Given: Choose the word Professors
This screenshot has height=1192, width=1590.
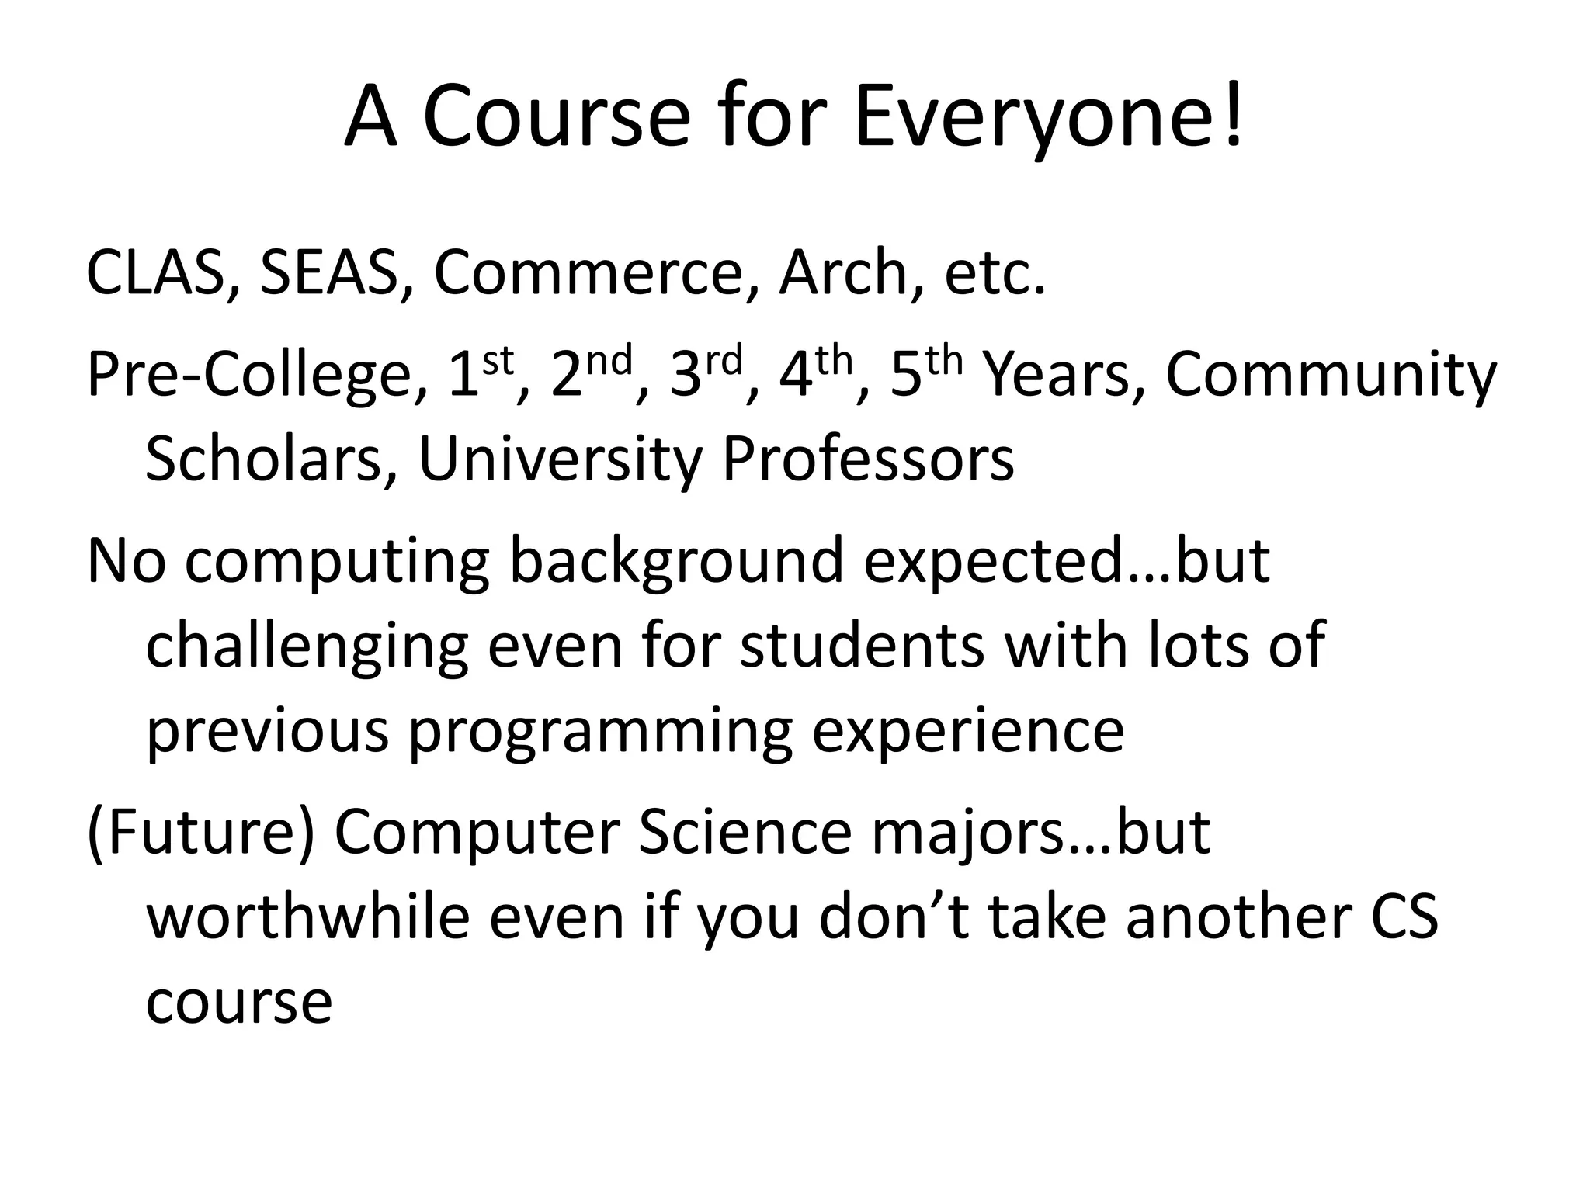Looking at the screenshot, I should click(867, 459).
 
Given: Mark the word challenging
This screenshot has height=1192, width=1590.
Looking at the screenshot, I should click(307, 647).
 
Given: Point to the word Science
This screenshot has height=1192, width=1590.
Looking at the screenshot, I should click(745, 833).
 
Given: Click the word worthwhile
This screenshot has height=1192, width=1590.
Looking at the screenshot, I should click(308, 917).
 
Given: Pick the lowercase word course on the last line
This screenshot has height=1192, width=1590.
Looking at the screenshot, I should click(239, 1002).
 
